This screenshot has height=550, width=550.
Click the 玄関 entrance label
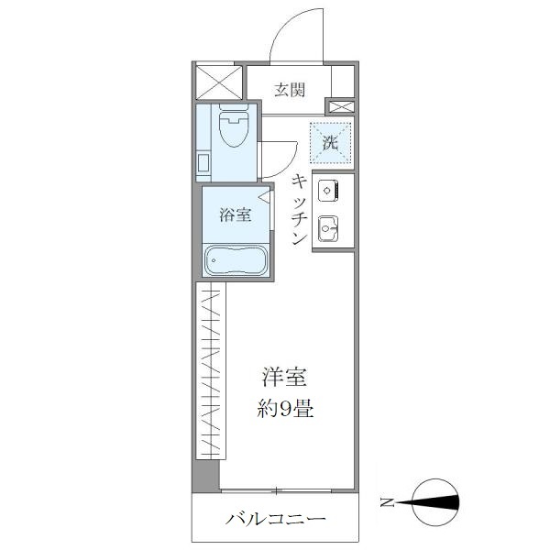pos(289,90)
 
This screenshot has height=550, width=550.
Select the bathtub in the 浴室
pos(235,261)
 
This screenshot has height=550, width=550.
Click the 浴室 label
pos(235,215)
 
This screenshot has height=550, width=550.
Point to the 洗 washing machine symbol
pos(330,141)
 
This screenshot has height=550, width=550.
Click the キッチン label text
pos(298,209)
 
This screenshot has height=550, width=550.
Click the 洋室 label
pos(284,377)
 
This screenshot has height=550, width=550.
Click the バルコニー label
pos(276,520)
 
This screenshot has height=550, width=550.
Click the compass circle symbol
pos(434,501)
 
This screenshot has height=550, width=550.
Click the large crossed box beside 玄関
pos(218,82)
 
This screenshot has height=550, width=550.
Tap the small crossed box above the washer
pos(339,107)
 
